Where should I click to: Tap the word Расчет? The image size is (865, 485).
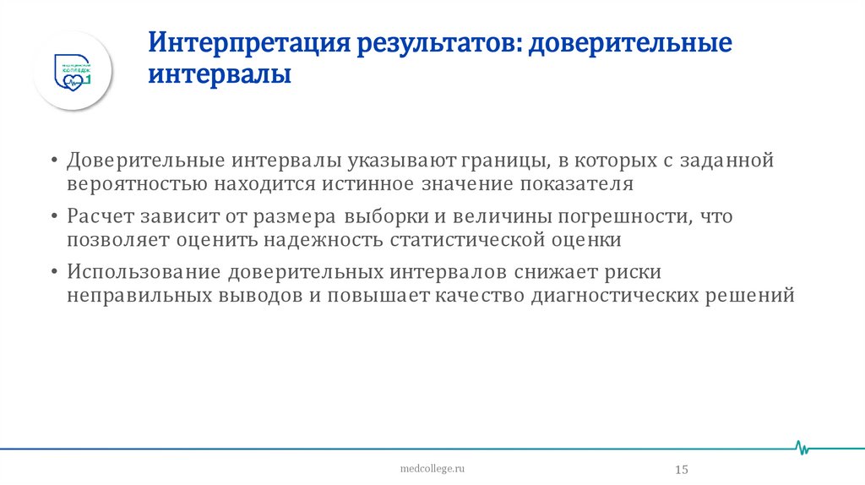(x=101, y=215)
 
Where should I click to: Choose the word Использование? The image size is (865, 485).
(x=144, y=272)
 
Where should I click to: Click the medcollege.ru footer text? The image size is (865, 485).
(x=432, y=467)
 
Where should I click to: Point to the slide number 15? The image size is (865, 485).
(x=681, y=469)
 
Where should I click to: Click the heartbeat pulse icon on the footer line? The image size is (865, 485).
(x=803, y=446)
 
